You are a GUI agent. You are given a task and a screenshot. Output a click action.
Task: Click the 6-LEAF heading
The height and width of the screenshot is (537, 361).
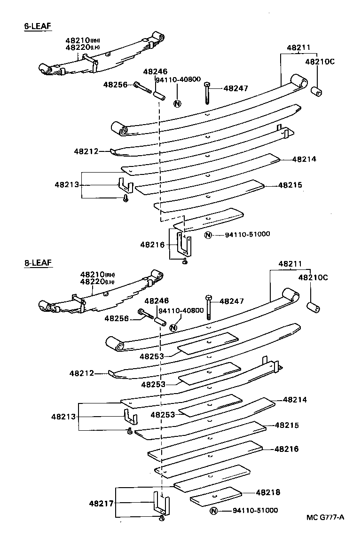point(37,26)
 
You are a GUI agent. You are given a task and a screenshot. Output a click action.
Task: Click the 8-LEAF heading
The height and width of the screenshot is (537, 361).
point(37,263)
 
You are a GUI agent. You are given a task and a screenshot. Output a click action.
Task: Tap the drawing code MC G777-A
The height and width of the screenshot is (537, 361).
point(325,518)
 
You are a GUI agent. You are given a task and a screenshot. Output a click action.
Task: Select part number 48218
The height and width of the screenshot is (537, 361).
point(268,492)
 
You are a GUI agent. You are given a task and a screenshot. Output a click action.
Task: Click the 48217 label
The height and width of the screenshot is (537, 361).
point(101,503)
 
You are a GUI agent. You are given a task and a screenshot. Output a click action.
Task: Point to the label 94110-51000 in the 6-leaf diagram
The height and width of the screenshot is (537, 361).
point(243,234)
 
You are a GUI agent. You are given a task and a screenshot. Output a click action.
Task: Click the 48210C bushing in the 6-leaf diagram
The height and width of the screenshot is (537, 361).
point(317,91)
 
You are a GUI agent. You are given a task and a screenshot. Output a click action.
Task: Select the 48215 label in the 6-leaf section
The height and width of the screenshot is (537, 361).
point(290,186)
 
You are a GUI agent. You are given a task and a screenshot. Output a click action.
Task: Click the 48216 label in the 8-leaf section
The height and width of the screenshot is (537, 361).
point(287,449)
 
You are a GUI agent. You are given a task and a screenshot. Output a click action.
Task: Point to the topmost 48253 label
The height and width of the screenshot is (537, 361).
point(151,356)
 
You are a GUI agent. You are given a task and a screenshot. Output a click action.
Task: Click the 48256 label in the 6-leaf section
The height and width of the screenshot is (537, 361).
point(115,85)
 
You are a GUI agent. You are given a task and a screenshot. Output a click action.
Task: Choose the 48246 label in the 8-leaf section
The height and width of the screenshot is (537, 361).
point(156,300)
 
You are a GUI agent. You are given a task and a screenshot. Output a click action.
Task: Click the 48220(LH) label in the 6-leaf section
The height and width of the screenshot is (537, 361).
point(82,47)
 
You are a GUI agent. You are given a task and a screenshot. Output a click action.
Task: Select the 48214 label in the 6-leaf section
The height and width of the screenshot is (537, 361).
point(304,159)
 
